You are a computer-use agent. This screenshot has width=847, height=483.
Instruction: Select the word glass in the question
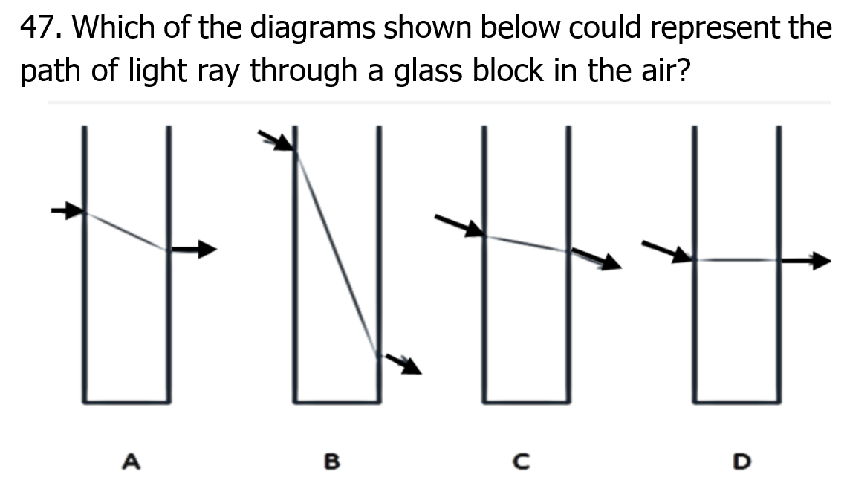[428, 71]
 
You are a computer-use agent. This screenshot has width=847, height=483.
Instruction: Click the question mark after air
[683, 71]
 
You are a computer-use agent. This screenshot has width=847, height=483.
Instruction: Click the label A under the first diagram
[132, 461]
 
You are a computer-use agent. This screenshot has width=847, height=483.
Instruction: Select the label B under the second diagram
[332, 461]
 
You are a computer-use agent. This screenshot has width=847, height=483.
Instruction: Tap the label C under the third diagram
[522, 461]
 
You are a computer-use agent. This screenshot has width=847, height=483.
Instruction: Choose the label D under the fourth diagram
[741, 461]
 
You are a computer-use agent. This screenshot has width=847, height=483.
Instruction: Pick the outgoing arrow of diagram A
[194, 249]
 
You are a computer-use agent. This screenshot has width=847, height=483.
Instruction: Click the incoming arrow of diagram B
[276, 140]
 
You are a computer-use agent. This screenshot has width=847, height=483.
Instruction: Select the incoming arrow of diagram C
[460, 226]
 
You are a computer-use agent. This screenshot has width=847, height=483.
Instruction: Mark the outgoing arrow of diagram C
[597, 259]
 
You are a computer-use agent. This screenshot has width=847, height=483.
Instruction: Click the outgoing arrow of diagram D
[805, 260]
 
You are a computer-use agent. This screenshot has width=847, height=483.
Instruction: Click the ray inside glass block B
[337, 254]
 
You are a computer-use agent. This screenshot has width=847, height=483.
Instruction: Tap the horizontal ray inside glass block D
[737, 260]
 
